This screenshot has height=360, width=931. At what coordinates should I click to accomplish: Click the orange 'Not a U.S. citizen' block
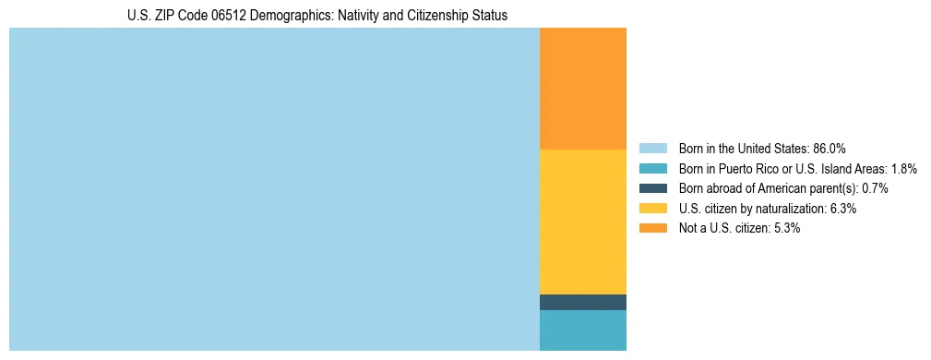click(582, 89)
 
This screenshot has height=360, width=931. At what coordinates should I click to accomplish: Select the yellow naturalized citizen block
click(582, 222)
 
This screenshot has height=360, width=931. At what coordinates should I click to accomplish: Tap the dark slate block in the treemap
click(582, 302)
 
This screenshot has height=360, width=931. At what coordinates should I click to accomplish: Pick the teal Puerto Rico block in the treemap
click(582, 330)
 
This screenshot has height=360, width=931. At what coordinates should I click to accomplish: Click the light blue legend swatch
click(652, 148)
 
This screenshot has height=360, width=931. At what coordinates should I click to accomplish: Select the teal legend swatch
click(652, 168)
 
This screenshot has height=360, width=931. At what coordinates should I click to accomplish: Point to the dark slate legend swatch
click(652, 188)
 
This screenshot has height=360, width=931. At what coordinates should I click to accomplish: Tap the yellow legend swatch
click(652, 209)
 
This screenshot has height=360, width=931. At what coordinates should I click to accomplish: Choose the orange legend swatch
click(652, 228)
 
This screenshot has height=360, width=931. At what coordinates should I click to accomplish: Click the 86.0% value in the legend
click(829, 148)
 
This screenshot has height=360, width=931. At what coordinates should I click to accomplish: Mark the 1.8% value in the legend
click(903, 168)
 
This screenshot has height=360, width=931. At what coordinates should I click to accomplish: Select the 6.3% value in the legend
click(842, 209)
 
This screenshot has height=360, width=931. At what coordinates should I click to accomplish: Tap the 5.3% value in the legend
click(786, 228)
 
